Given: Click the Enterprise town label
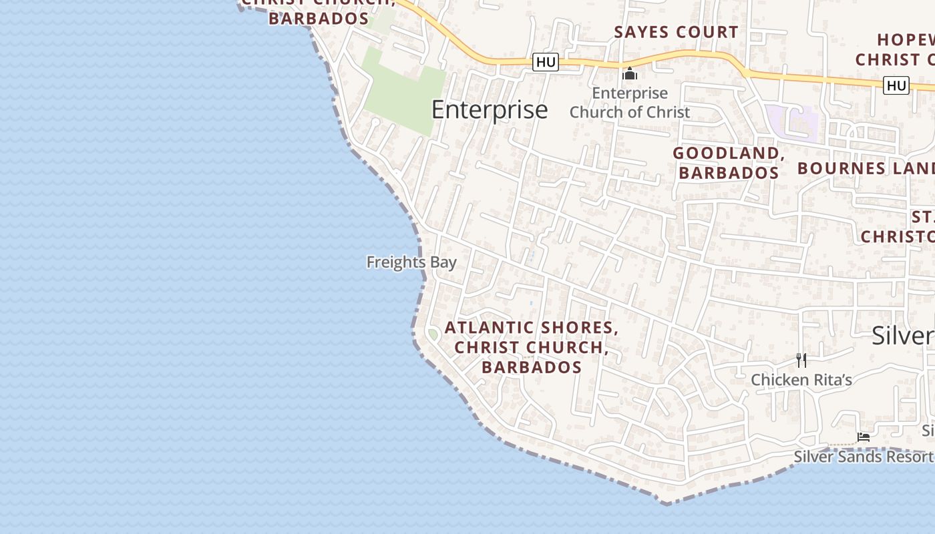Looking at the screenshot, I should click(490, 109).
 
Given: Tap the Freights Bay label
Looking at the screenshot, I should click(411, 262).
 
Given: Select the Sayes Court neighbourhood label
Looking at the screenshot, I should click(676, 32).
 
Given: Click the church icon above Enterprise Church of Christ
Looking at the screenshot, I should click(630, 73).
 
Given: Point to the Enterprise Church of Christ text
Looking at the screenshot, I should click(629, 103).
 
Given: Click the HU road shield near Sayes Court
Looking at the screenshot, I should click(546, 62).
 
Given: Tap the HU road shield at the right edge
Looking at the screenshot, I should click(896, 85).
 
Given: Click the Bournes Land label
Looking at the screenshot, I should click(866, 168).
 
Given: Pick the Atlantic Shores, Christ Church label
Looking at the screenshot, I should click(532, 347).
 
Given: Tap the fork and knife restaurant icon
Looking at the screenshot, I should click(801, 360).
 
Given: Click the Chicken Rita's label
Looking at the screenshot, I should click(801, 380).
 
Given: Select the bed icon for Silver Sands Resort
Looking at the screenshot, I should click(864, 437).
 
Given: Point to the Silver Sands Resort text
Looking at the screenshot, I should click(863, 457).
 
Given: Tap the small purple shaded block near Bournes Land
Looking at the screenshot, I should click(792, 122).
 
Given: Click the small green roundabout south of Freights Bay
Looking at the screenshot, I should click(433, 334).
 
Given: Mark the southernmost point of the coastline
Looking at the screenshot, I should click(665, 503).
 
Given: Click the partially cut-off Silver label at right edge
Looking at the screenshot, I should click(903, 336).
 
